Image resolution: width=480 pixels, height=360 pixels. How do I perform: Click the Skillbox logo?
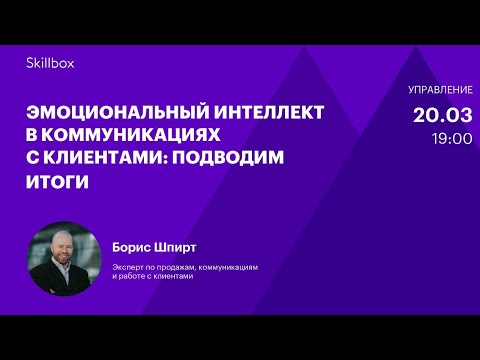[50, 63]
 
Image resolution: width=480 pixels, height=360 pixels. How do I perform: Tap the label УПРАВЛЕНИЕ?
[440, 91]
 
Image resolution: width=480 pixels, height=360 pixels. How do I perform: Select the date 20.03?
[442, 115]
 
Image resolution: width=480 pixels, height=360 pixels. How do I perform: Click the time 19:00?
[452, 138]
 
